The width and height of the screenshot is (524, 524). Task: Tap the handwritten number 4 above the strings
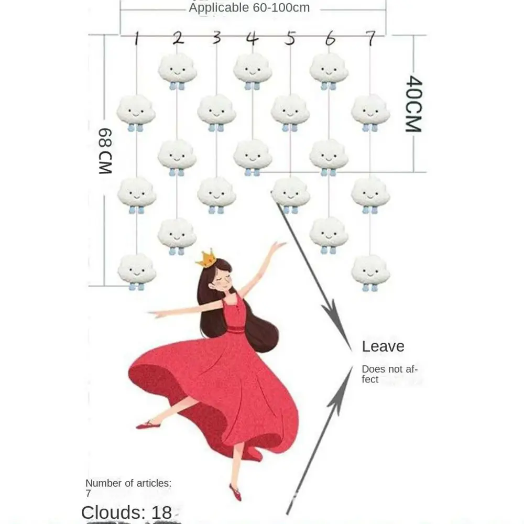point(253,38)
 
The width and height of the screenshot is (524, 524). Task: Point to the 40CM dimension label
point(414,103)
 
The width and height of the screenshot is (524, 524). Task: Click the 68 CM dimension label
point(105,151)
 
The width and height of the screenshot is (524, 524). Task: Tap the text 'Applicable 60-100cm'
point(249,8)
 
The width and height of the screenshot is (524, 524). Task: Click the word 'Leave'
point(383,346)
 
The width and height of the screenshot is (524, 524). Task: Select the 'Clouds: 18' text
point(126,512)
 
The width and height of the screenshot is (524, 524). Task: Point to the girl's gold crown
point(206,259)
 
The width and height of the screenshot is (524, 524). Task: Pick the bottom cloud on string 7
point(370,269)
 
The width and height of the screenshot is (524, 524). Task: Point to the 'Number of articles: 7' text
point(128,488)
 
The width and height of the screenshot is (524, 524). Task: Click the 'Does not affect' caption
point(389,374)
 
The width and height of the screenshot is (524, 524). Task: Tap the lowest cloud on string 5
point(290,192)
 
